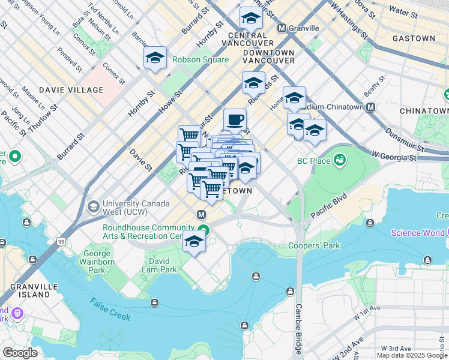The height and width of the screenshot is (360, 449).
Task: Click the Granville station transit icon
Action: pyautogui.click(x=282, y=28)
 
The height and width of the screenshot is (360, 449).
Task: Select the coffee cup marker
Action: pyautogui.click(x=235, y=119)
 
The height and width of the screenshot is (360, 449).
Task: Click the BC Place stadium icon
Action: pyautogui.click(x=340, y=160)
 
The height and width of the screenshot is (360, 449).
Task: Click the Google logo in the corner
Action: pyautogui.click(x=20, y=352)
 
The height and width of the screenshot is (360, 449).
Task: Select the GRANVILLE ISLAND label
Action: pyautogui.click(x=26, y=290)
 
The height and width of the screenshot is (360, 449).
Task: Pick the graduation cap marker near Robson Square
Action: pyautogui.click(x=155, y=58)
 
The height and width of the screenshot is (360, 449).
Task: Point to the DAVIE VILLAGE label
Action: pyautogui.click(x=71, y=90)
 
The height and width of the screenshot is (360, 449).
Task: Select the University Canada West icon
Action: pyautogui.click(x=93, y=207)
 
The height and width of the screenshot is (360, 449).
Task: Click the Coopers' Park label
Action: pyautogui.click(x=314, y=245)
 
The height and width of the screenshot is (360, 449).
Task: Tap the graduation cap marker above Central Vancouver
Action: pyautogui.click(x=251, y=18)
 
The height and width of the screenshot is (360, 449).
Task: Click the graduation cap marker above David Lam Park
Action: pyautogui.click(x=194, y=241)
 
